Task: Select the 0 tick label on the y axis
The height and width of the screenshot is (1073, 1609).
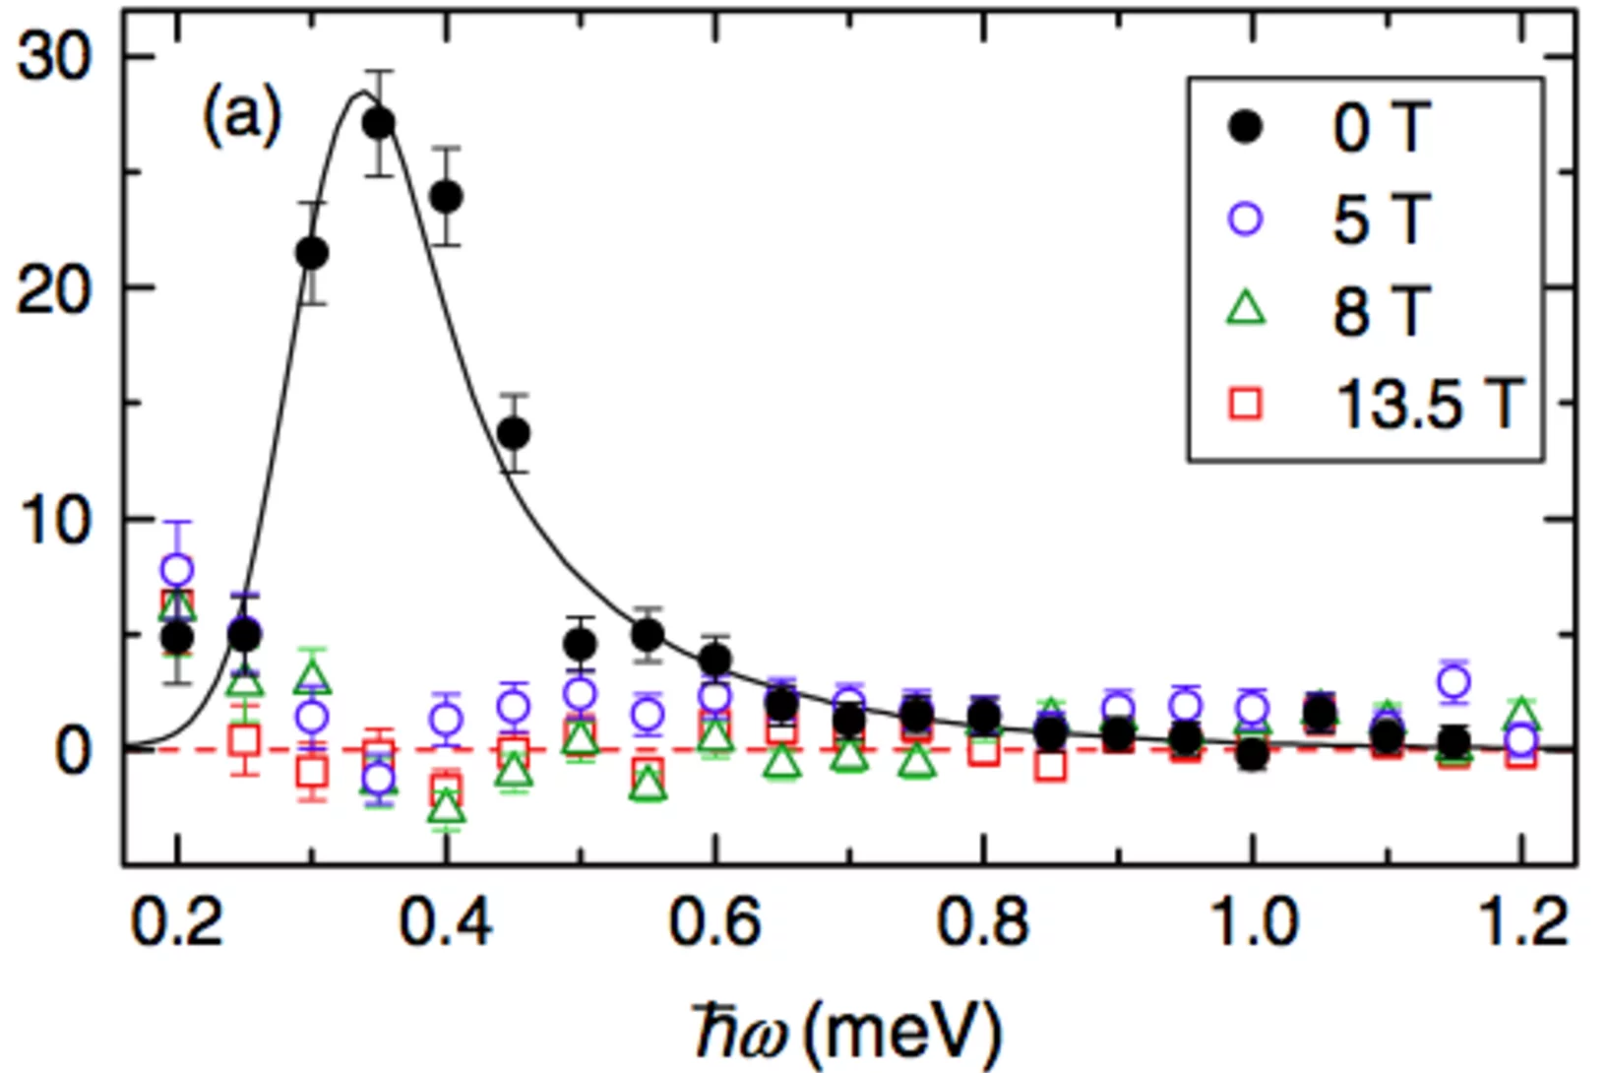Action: [x=74, y=751]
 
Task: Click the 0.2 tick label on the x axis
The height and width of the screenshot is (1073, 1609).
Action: [x=177, y=924]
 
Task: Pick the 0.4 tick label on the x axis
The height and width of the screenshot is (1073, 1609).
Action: [x=446, y=924]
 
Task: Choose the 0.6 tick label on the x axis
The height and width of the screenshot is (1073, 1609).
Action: [x=714, y=924]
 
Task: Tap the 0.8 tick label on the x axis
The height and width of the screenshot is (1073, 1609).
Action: [x=983, y=924]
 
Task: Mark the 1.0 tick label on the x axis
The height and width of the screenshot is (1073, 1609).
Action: [x=1252, y=924]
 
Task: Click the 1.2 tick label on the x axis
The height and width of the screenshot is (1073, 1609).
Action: [x=1521, y=924]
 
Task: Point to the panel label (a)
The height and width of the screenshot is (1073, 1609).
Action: [x=242, y=115]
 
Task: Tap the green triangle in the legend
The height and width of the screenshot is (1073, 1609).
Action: [x=1247, y=308]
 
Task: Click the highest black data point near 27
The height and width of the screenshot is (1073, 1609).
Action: [x=379, y=123]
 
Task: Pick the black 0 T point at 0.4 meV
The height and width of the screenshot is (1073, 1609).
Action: [x=447, y=197]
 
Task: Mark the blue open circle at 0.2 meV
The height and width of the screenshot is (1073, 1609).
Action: [x=177, y=569]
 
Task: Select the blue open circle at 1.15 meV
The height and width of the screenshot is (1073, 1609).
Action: [x=1454, y=681]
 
